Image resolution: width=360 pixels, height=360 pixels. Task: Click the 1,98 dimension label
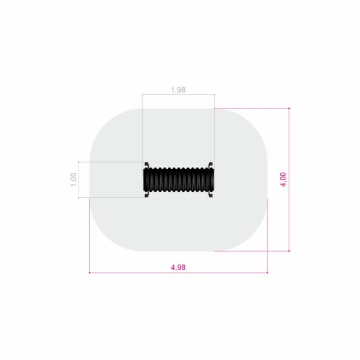click(x=178, y=90)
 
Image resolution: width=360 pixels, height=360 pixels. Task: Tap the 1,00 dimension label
click(x=73, y=180)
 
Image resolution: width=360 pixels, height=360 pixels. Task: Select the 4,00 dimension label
click(x=284, y=179)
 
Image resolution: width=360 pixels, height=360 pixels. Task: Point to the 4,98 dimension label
click(x=178, y=268)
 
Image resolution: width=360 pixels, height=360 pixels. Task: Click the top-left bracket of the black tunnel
click(x=146, y=165)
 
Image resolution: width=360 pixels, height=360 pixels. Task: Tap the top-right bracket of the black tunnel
click(x=211, y=165)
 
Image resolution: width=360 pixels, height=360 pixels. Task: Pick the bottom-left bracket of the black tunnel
click(x=146, y=194)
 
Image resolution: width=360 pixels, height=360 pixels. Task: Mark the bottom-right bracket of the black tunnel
click(x=211, y=194)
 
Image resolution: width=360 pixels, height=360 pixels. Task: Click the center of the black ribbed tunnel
click(x=179, y=179)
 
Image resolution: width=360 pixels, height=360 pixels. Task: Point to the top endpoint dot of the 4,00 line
click(x=289, y=109)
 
